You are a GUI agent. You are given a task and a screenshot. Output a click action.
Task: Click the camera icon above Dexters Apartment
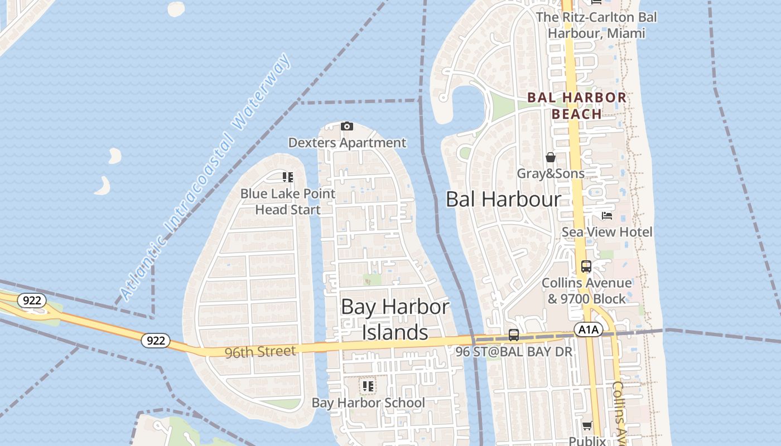pyautogui.click(x=346, y=127)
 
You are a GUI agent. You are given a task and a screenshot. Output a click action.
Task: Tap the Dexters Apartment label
pyautogui.click(x=347, y=143)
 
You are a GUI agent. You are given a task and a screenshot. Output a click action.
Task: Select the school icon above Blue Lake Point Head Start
pyautogui.click(x=288, y=177)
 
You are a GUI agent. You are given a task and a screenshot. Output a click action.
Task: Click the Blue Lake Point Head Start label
pyautogui.click(x=288, y=202)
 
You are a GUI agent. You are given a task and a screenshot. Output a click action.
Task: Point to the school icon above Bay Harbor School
pyautogui.click(x=368, y=386)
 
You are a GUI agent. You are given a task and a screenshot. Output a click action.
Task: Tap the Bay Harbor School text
pyautogui.click(x=368, y=403)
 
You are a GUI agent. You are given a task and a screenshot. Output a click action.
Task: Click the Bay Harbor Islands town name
pyautogui.click(x=395, y=319)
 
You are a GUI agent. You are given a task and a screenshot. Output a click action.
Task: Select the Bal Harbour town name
pyautogui.click(x=503, y=199)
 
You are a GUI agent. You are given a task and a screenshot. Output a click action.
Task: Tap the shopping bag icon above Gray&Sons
pyautogui.click(x=551, y=157)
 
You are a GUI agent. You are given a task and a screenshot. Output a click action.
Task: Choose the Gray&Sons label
pyautogui.click(x=551, y=173)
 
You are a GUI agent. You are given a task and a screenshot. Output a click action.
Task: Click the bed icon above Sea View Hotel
pyautogui.click(x=607, y=216)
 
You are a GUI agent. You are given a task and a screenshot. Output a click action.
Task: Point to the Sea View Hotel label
pyautogui.click(x=607, y=232)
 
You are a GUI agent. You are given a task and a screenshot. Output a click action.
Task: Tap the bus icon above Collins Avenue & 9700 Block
pyautogui.click(x=586, y=266)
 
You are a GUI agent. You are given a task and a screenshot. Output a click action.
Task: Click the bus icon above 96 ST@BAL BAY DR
pyautogui.click(x=514, y=335)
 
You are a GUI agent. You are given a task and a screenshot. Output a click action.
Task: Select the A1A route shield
pyautogui.click(x=588, y=330)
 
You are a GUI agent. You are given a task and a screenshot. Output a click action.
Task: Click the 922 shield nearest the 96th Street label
pyautogui.click(x=155, y=340)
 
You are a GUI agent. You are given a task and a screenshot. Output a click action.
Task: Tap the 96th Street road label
pyautogui.click(x=260, y=352)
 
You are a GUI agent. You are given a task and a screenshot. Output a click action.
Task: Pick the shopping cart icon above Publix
pyautogui.click(x=587, y=426)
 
